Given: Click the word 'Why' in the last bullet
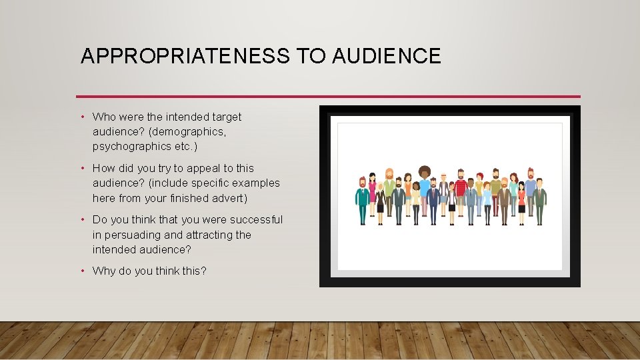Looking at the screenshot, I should click(x=104, y=271).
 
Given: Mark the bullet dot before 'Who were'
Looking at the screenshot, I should click(x=83, y=117).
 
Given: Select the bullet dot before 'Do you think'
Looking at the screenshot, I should click(x=83, y=220).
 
